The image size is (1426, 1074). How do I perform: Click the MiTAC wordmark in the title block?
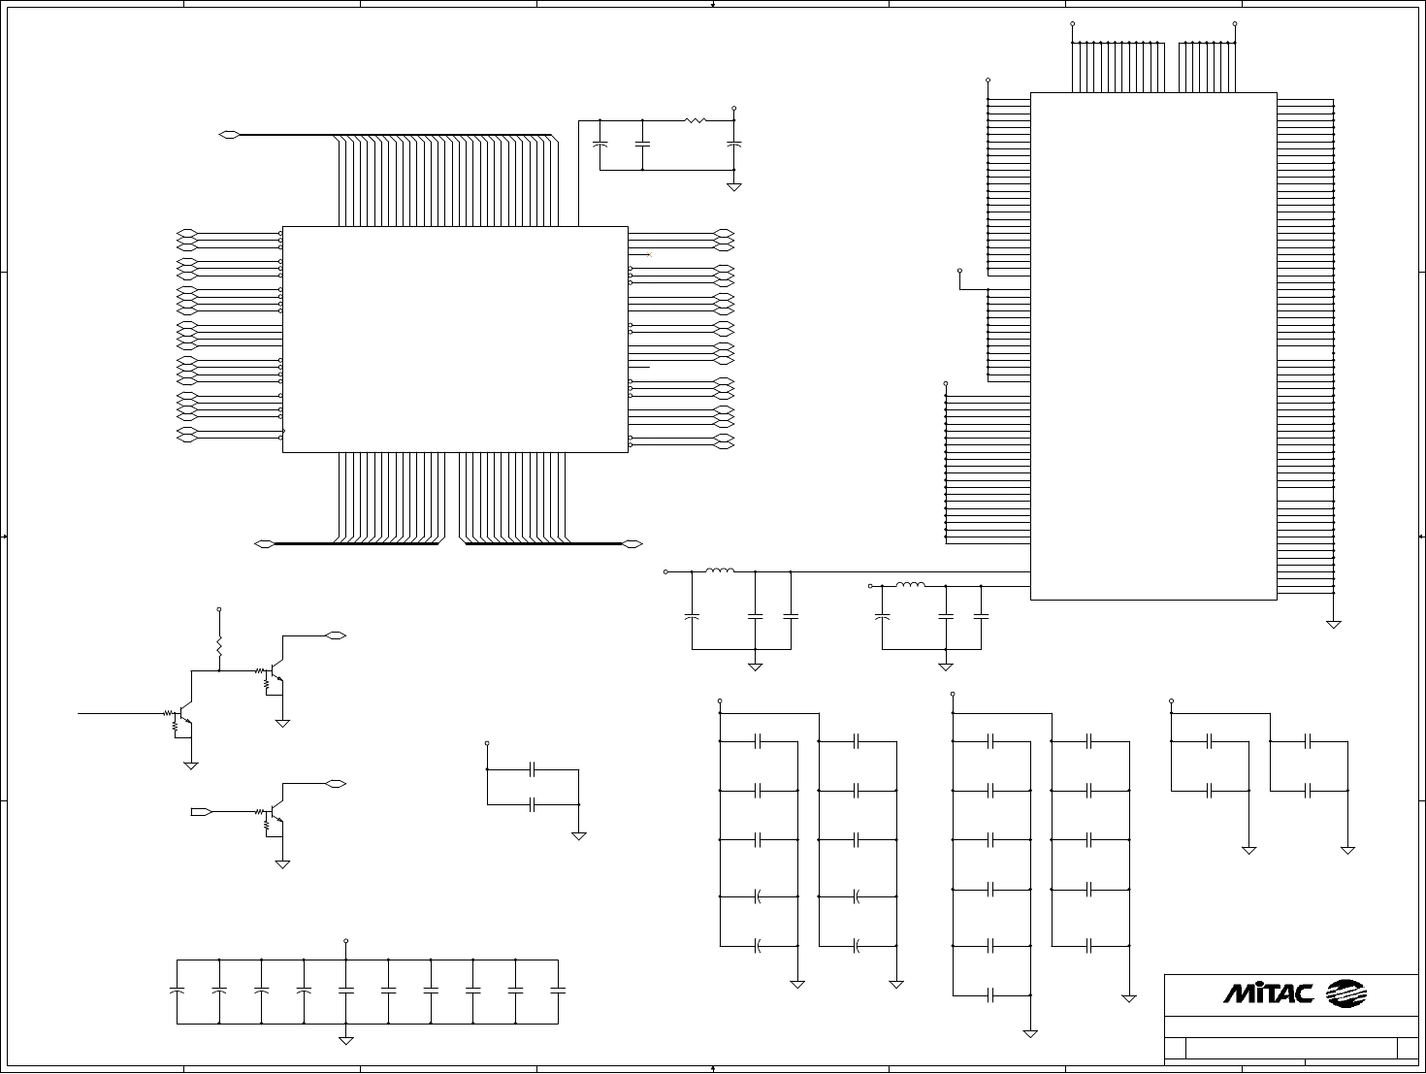click(1268, 993)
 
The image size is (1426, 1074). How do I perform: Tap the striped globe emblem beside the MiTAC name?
click(1346, 993)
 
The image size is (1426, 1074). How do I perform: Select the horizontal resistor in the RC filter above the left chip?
click(695, 121)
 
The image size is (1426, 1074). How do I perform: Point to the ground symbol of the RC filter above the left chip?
click(734, 186)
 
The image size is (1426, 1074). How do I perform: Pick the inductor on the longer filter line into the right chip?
click(719, 571)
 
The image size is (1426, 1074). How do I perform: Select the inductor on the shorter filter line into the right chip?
click(910, 586)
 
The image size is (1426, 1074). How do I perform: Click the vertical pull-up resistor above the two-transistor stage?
click(219, 645)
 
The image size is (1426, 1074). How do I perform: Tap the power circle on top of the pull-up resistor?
click(219, 610)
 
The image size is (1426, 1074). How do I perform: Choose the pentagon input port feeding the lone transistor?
click(201, 811)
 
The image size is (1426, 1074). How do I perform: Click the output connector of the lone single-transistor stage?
click(336, 783)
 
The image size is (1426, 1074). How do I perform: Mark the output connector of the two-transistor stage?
click(336, 635)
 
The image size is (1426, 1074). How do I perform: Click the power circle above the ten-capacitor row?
click(346, 941)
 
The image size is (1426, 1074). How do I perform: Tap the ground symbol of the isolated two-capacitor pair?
click(579, 835)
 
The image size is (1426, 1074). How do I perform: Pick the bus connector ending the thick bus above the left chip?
click(229, 134)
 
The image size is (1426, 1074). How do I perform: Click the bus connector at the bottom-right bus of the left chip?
click(632, 543)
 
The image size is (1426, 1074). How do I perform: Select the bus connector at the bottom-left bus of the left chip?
click(263, 543)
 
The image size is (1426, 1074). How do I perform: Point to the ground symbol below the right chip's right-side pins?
click(1334, 624)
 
